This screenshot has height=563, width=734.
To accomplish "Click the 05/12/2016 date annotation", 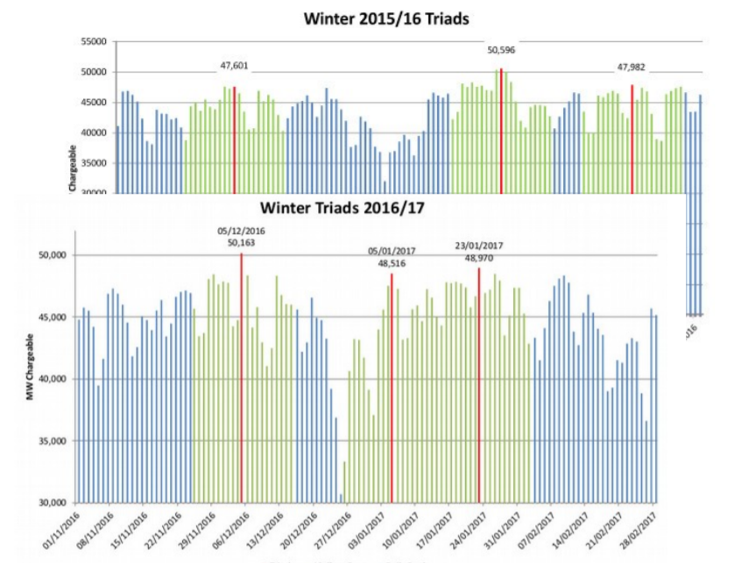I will (x=240, y=231).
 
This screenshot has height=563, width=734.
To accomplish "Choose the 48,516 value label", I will (x=392, y=262).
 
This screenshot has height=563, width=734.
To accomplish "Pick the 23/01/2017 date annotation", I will (x=478, y=246).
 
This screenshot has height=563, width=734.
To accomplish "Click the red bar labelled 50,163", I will (x=241, y=377).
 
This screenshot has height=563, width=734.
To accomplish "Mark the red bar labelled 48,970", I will (x=479, y=386).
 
